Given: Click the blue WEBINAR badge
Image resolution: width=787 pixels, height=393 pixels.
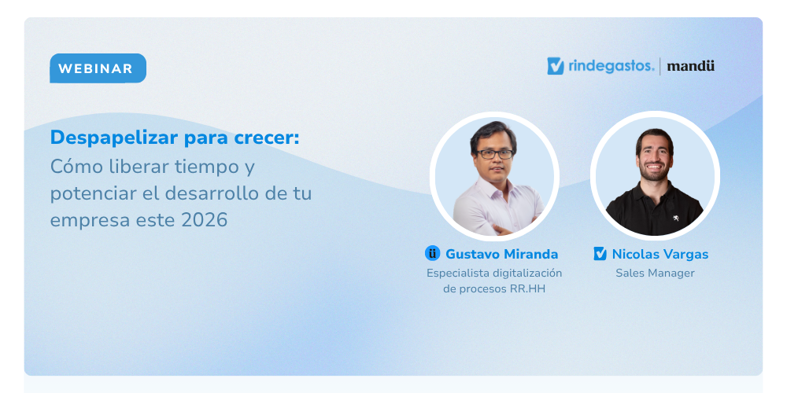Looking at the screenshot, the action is (98, 68).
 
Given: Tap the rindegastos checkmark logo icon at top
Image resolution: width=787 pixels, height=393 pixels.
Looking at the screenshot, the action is (556, 66).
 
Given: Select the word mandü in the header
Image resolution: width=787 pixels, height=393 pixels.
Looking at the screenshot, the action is (691, 66).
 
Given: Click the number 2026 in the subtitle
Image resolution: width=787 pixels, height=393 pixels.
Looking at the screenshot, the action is (205, 220).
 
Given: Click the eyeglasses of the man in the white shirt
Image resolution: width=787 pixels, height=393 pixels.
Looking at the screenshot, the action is (494, 154).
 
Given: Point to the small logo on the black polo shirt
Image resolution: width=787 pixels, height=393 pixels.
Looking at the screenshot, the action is (676, 218).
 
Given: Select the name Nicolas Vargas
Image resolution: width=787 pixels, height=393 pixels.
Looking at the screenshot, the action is (660, 254).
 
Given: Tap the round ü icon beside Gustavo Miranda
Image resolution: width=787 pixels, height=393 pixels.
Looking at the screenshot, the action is (432, 253).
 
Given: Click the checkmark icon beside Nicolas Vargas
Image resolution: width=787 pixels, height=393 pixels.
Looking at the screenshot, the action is (600, 254).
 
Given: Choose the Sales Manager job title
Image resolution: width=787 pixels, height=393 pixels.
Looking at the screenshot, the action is (655, 274).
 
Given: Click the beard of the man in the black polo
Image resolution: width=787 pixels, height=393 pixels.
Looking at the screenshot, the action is (655, 171).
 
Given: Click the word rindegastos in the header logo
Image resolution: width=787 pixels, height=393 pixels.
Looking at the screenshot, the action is (611, 66).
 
